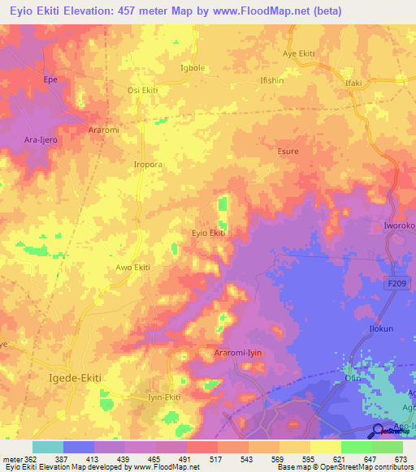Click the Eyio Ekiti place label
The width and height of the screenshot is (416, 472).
coord(208,233)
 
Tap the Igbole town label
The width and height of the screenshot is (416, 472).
coord(192,68)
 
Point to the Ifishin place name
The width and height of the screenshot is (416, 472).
coord(271,82)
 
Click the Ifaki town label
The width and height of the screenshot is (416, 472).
coord(353,83)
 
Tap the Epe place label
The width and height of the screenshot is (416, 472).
coord(51,81)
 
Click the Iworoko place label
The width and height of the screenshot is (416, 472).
coord(399,225)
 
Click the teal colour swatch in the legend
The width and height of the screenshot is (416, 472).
coord(47,447)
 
